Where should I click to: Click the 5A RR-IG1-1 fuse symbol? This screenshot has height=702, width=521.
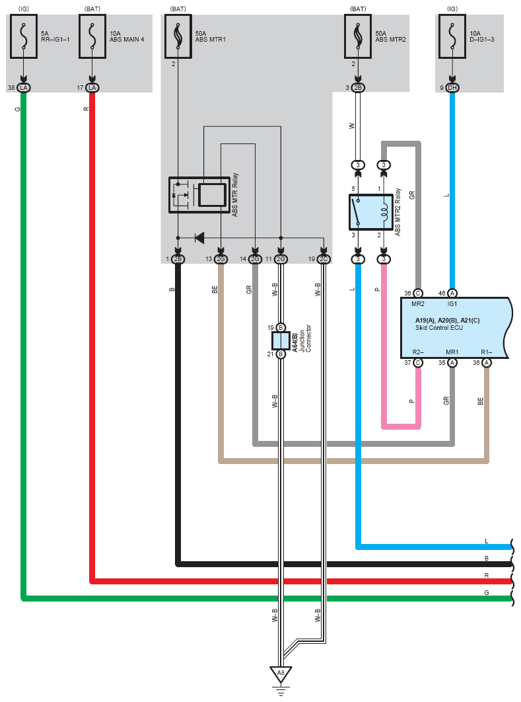tap(24, 36)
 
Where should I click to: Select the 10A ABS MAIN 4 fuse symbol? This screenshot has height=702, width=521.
tap(92, 36)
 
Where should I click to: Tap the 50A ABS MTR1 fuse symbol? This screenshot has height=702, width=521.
tap(178, 36)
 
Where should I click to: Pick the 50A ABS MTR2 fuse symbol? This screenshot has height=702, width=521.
tap(358, 36)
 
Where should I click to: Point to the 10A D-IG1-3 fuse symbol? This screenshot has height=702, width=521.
tap(452, 36)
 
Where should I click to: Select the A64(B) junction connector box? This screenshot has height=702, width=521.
tap(281, 340)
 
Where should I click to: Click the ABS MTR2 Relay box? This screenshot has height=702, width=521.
tap(370, 212)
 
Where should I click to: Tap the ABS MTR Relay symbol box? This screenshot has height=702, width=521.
tap(199, 195)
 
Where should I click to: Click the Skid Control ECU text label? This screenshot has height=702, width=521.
tap(439, 328)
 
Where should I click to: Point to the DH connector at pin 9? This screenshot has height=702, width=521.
tap(452, 88)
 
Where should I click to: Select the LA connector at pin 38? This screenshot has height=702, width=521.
tap(24, 88)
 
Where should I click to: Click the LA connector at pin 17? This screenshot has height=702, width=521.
tap(92, 88)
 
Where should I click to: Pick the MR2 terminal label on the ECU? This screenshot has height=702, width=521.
tap(418, 304)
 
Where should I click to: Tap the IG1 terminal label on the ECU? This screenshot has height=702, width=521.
tap(452, 304)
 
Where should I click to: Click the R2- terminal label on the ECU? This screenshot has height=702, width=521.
tap(418, 352)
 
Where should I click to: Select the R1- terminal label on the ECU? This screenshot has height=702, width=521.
tap(487, 352)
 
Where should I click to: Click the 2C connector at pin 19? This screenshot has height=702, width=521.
tap(324, 259)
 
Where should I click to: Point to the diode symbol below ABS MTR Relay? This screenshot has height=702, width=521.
tap(199, 238)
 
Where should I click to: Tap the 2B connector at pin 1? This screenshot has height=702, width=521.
tap(178, 259)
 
